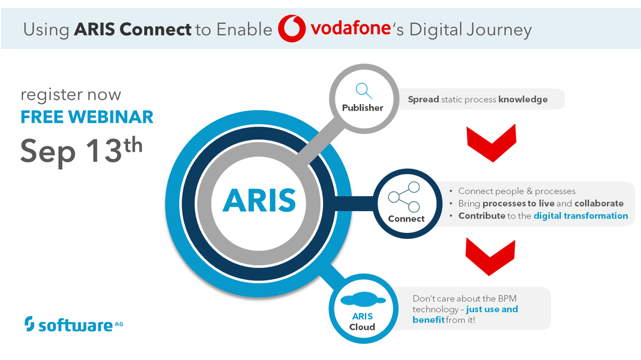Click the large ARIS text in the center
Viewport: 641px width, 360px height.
click(x=260, y=200)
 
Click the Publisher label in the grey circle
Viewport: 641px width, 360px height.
click(x=363, y=107)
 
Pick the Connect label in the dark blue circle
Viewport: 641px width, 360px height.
click(x=406, y=218)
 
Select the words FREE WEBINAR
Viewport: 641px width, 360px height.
click(x=87, y=116)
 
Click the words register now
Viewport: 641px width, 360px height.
click(x=71, y=95)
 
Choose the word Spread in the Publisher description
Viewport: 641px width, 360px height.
click(x=424, y=99)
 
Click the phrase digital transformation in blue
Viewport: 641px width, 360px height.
click(x=581, y=216)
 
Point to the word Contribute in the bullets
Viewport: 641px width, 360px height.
click(x=481, y=216)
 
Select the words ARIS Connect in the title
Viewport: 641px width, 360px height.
click(x=132, y=29)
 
